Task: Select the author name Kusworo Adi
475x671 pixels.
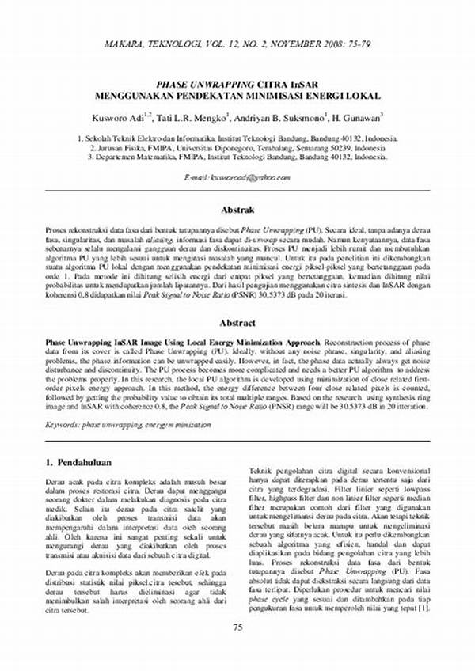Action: tap(116, 118)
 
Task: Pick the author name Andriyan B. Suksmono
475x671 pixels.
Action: tap(278, 118)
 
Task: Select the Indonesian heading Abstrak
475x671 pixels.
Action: tap(237, 210)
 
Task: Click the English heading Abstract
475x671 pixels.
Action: tap(237, 323)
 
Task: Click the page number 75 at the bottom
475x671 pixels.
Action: tap(237, 650)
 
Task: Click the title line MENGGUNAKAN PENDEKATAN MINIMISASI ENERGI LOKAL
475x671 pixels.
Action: tap(237, 95)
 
